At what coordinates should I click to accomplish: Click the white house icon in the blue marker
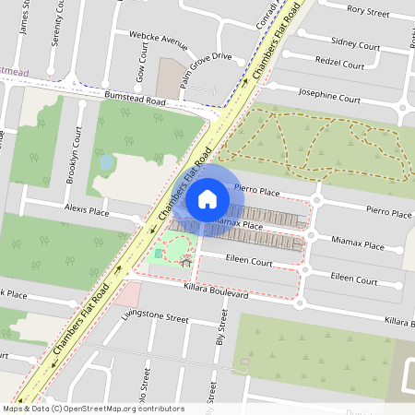click(207, 199)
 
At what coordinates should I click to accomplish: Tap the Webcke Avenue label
click(160, 40)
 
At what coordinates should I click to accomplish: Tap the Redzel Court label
click(338, 65)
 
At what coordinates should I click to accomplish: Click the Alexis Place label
click(87, 211)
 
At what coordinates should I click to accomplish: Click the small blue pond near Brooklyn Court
click(107, 163)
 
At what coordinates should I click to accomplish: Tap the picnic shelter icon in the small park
click(185, 262)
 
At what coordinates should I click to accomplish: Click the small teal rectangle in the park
click(158, 253)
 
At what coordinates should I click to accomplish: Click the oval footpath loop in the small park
click(179, 246)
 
